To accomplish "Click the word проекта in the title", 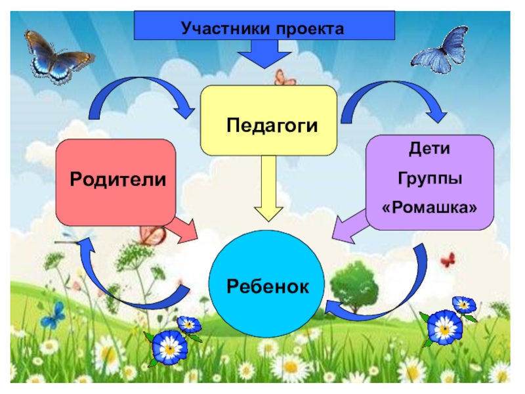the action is (310, 29).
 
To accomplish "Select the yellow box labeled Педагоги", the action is (268, 121).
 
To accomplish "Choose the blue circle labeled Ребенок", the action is (268, 284).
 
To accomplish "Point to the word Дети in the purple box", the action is (429, 149).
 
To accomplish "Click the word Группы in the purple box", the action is (429, 178).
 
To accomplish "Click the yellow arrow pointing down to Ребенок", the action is (268, 190).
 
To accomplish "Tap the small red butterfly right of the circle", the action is (448, 260).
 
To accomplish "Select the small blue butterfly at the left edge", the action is (52, 315).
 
